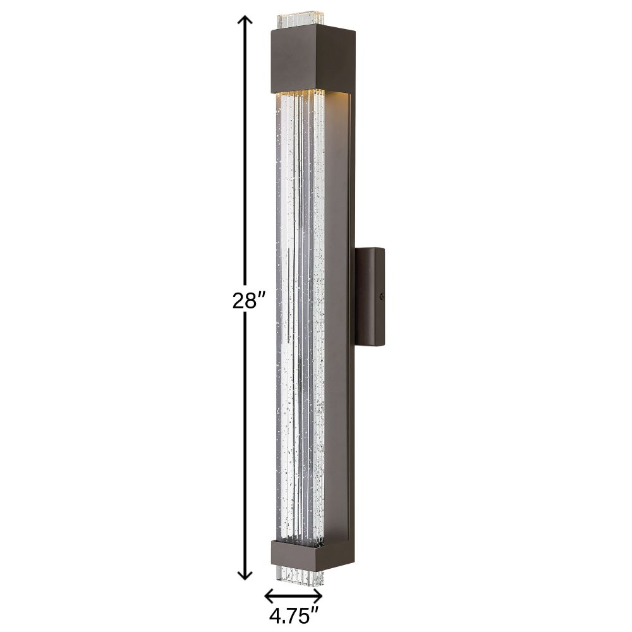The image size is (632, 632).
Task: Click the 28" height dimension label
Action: [x=250, y=301]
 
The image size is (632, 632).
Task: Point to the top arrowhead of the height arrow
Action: [x=244, y=20]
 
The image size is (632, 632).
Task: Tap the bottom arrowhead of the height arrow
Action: [x=244, y=574]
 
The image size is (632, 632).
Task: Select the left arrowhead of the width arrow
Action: [x=269, y=594]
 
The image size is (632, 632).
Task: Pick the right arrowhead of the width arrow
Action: [x=317, y=594]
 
